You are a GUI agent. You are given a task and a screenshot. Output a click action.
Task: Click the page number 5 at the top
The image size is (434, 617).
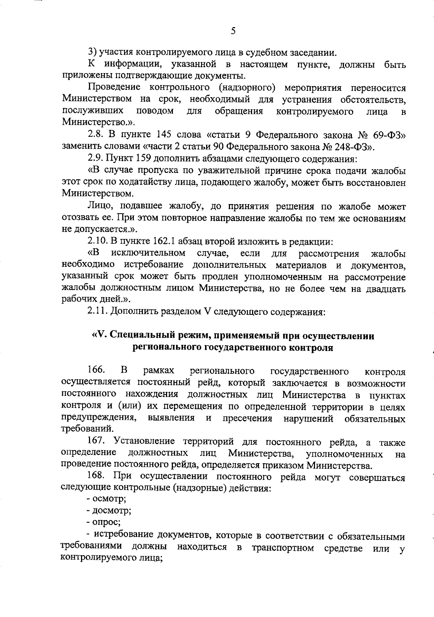pos(233,31)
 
